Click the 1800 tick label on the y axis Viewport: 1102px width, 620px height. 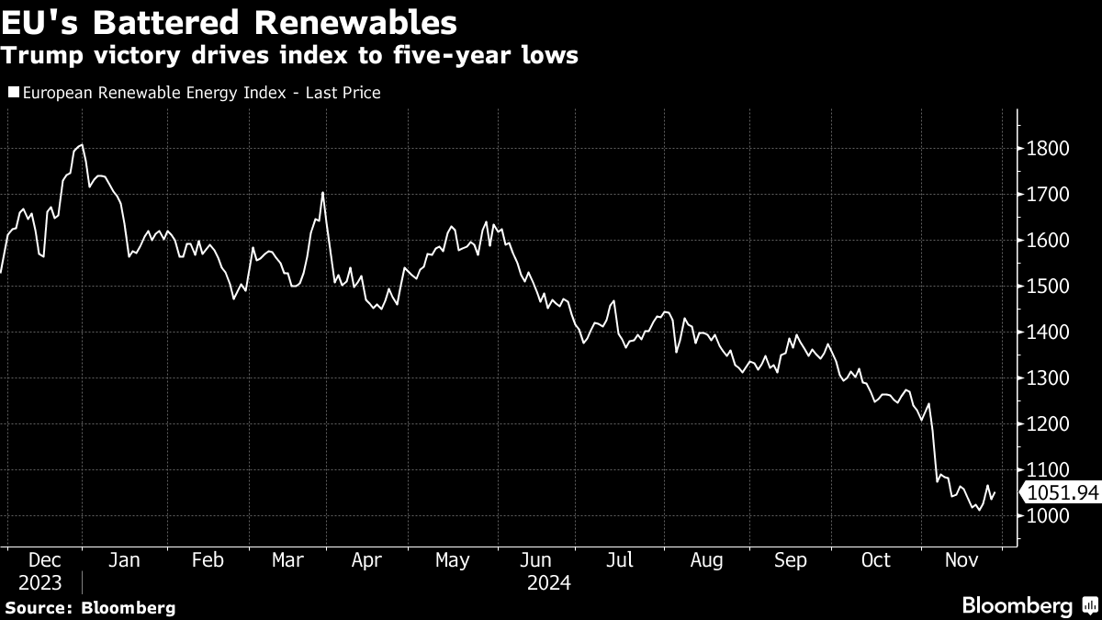pos(1048,148)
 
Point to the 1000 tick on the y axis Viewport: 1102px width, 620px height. pos(1048,515)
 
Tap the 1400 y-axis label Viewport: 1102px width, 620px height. pos(1048,333)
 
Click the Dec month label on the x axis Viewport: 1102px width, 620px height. pos(45,560)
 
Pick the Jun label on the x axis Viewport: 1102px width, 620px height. pos(535,560)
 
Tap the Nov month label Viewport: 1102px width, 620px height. pos(961,560)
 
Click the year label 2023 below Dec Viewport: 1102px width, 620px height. pos(39,583)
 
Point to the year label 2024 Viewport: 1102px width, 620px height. pos(549,583)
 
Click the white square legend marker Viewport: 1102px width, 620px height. pos(14,92)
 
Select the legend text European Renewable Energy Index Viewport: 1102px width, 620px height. pos(154,93)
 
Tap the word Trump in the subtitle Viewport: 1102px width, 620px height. pos(42,55)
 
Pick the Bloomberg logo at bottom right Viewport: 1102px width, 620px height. pos(1030,605)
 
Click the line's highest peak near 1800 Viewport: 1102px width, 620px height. pos(82,145)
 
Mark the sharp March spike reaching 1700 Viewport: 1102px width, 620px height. pos(322,192)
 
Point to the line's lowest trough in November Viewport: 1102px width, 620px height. pos(979,511)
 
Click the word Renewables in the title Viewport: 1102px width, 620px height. pos(355,23)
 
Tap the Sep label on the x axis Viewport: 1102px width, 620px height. pos(791,560)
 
